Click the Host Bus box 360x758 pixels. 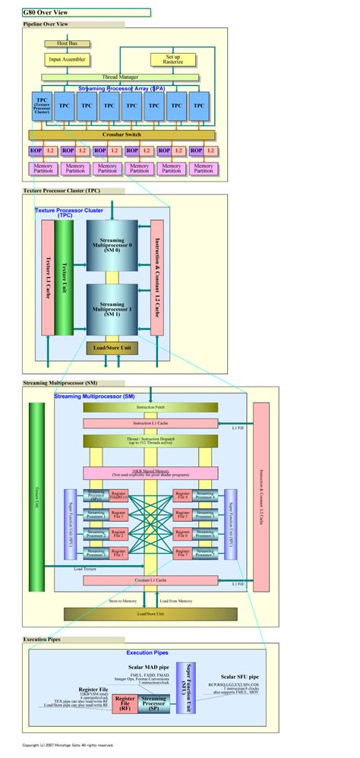[68, 43]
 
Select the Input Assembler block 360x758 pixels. [68, 59]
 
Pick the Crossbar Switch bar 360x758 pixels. [122, 134]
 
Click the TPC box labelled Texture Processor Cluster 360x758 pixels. [42, 109]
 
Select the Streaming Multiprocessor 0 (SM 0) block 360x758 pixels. [112, 246]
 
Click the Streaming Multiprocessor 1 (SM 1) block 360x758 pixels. [112, 308]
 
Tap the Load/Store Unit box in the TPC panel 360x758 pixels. [112, 348]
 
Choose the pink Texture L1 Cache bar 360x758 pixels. [47, 279]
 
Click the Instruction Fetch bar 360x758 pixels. [150, 408]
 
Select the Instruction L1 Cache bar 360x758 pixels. [150, 423]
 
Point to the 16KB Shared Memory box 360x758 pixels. [150, 472]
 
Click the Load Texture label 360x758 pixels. [84, 569]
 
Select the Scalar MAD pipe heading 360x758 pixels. [143, 665]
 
